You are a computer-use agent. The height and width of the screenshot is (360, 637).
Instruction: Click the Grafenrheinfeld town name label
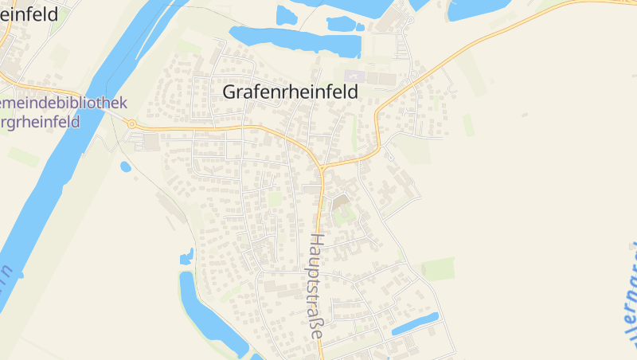pos(291,92)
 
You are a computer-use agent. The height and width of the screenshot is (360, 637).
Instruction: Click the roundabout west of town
pos(131,124)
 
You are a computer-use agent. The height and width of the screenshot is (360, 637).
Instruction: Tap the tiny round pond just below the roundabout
pos(125,166)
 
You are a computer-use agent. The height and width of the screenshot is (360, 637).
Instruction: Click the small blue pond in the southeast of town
pos(415,323)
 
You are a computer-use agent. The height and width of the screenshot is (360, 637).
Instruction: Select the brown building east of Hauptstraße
pos(340,202)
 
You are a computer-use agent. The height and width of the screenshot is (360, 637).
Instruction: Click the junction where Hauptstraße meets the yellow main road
pos(321,169)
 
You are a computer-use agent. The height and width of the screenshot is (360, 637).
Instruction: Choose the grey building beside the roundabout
pos(150,142)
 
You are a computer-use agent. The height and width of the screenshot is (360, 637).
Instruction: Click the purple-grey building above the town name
pos(354,76)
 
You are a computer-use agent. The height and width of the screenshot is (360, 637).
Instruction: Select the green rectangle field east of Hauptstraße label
pos(438,268)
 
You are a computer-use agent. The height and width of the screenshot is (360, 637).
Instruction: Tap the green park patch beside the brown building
pos(345,215)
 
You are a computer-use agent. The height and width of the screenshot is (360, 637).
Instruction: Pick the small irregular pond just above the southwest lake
pos(187,256)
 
